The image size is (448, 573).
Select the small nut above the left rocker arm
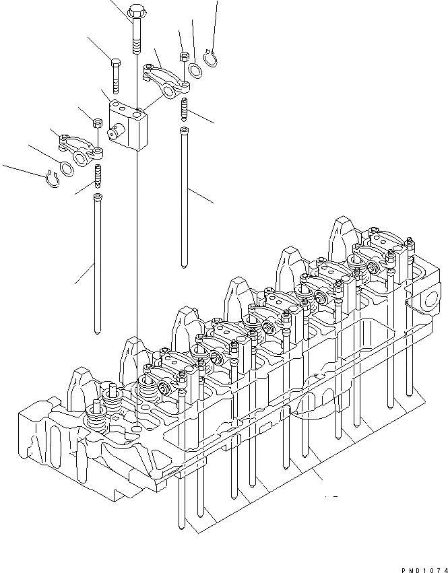pos(96,124)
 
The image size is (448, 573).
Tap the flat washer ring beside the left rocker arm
pos(68,168)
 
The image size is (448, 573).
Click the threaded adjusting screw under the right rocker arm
pos(183,108)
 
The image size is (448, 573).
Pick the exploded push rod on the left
pos(98,263)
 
